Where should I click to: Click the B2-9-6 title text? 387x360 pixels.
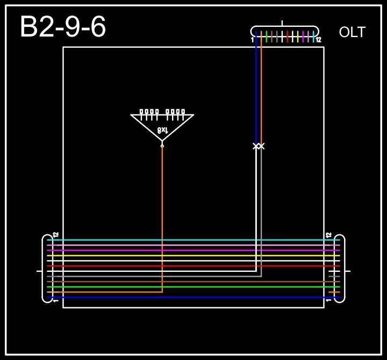pyautogui.click(x=63, y=27)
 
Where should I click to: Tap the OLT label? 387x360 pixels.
pyautogui.click(x=352, y=32)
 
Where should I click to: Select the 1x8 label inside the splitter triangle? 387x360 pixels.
pyautogui.click(x=162, y=130)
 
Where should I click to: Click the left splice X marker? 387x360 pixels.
pyautogui.click(x=256, y=146)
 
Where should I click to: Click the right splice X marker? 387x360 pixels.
pyautogui.click(x=261, y=146)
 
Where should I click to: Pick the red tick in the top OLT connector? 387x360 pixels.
pyautogui.click(x=288, y=37)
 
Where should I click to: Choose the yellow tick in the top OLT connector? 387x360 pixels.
pyautogui.click(x=298, y=37)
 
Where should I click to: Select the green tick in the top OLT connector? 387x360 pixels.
pyautogui.click(x=267, y=37)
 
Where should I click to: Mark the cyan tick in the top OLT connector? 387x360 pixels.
pyautogui.click(x=313, y=37)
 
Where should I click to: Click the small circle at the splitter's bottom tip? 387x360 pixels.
pyautogui.click(x=162, y=146)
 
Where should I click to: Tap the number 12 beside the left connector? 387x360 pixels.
pyautogui.click(x=56, y=235)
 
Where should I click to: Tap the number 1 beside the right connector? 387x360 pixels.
pyautogui.click(x=329, y=300)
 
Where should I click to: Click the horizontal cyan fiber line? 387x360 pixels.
pyautogui.click(x=193, y=240)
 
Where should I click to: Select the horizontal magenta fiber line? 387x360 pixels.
pyautogui.click(x=193, y=250)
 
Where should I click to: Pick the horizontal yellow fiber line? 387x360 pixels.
pyautogui.click(x=193, y=256)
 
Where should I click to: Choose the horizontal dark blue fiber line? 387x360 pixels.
pyautogui.click(x=193, y=297)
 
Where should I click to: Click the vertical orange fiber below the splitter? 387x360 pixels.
pyautogui.click(x=162, y=215)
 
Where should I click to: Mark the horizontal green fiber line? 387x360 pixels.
pyautogui.click(x=193, y=287)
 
